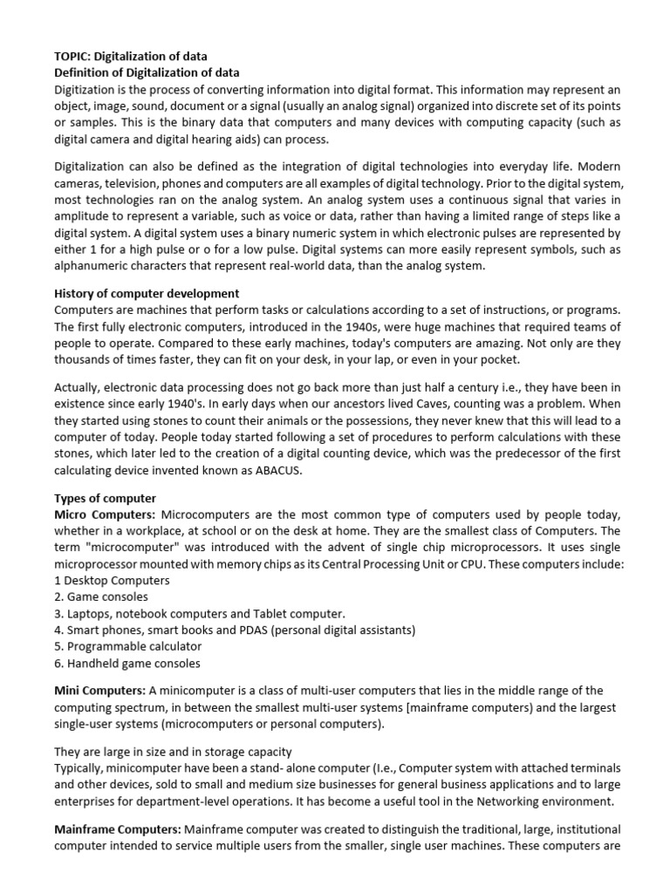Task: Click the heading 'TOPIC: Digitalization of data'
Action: (131, 57)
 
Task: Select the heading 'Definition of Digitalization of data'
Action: (147, 72)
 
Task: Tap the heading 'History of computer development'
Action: (147, 294)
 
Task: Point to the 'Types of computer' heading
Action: (105, 498)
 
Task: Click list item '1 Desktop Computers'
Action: (112, 580)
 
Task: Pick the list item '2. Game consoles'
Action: (101, 596)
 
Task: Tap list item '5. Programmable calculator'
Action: (127, 646)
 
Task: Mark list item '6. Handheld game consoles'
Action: (126, 663)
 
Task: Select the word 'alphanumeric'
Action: (94, 266)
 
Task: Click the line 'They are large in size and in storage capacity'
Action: (173, 752)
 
